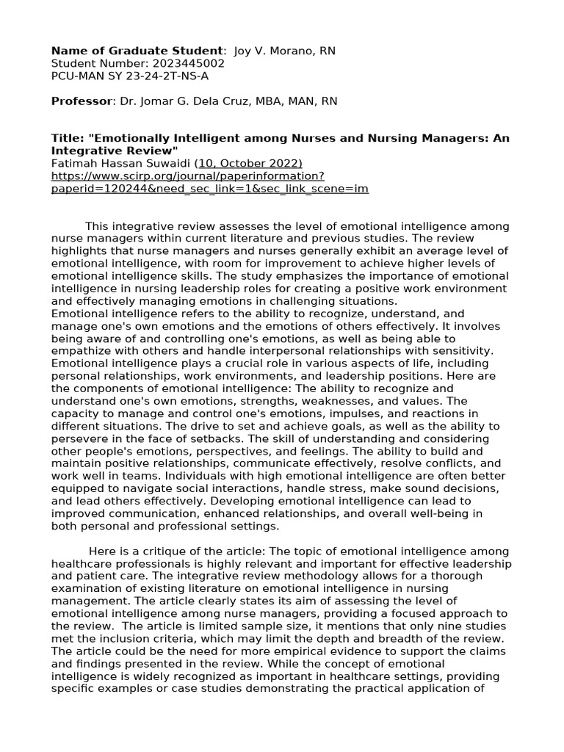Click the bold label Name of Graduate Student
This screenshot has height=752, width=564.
pyautogui.click(x=137, y=50)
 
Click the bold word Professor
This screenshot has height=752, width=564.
pyautogui.click(x=81, y=101)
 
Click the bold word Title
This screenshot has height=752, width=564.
pyautogui.click(x=65, y=138)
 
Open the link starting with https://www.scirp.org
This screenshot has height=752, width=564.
pyautogui.click(x=187, y=176)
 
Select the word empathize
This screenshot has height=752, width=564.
pyautogui.click(x=80, y=351)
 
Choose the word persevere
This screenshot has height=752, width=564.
pyautogui.click(x=79, y=438)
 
